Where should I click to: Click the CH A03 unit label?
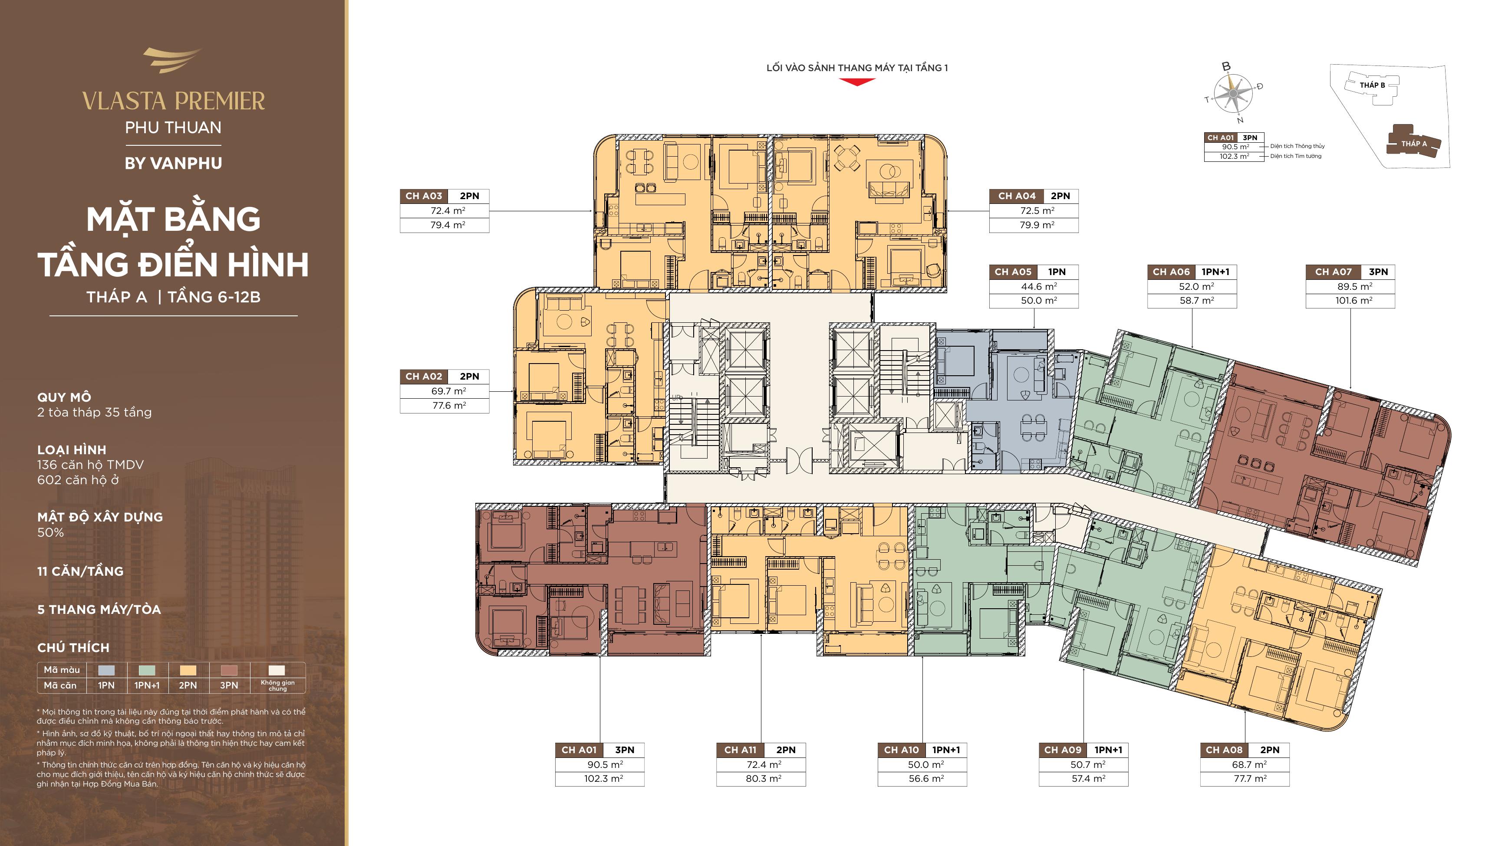coord(424,196)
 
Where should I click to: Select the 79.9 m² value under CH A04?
coord(1037,225)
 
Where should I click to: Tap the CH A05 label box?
coord(1013,272)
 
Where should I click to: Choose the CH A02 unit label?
coord(424,377)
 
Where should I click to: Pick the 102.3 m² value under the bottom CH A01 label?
coord(603,779)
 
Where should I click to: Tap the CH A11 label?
coord(740,750)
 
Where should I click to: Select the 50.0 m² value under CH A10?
coord(926,765)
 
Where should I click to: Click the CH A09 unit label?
coord(1063,750)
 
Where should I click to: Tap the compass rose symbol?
coord(1233,93)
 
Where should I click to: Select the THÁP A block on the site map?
coord(1413,142)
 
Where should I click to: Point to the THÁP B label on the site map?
coord(1372,85)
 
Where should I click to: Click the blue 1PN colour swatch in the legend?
coord(106,670)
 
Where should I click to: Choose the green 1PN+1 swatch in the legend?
coord(147,670)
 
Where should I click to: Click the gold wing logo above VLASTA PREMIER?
coord(172,60)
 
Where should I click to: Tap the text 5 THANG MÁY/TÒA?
coord(99,610)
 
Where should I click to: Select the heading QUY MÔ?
coord(64,397)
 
